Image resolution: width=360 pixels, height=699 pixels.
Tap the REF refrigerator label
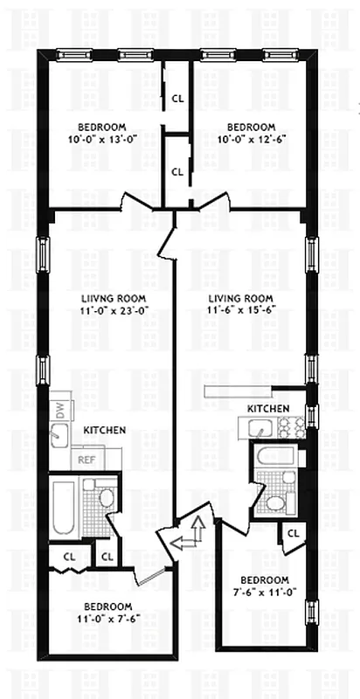pos(87,459)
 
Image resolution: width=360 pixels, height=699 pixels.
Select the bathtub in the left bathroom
pos(65,509)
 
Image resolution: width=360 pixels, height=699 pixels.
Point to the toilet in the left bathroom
pos(107,499)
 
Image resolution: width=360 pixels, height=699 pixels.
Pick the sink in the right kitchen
pos(259,427)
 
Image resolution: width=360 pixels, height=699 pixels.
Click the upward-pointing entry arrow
pos(198,527)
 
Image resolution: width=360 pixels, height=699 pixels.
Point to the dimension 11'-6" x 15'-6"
pos(239,309)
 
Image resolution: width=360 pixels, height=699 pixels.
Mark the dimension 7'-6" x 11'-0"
pos(264,592)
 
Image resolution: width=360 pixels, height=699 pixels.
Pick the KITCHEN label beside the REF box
pos(105,431)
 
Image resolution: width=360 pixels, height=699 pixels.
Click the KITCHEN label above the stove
pos(267,409)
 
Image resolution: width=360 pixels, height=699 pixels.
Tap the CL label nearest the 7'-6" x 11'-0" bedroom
pos(293,533)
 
